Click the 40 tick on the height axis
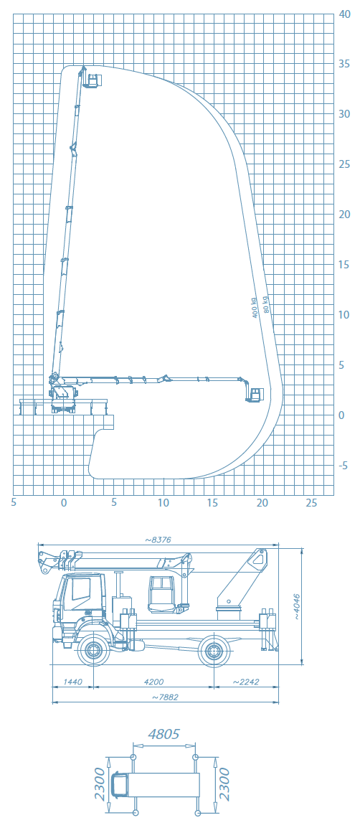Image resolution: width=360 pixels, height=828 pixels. [345, 14]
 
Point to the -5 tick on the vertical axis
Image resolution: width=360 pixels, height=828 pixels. [344, 466]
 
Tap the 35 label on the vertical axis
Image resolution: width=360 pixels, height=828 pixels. [345, 64]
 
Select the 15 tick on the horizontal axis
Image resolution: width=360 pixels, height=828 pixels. [213, 503]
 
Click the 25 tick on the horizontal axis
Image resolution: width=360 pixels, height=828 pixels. [312, 503]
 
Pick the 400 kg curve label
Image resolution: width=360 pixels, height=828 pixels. [255, 307]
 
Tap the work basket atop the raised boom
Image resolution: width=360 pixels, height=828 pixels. [95, 80]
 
